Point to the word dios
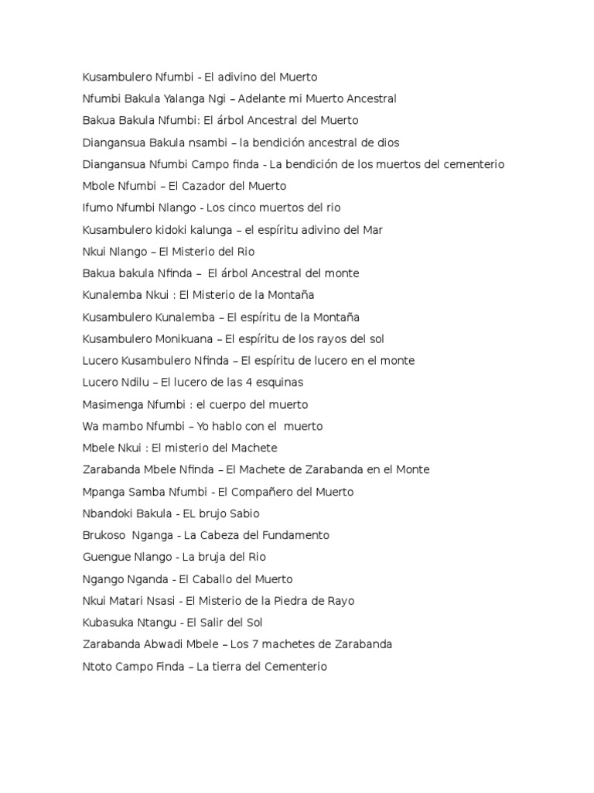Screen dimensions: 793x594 387,142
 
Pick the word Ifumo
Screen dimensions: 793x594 97,208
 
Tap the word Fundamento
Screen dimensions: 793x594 292,535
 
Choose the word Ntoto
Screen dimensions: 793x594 97,666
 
